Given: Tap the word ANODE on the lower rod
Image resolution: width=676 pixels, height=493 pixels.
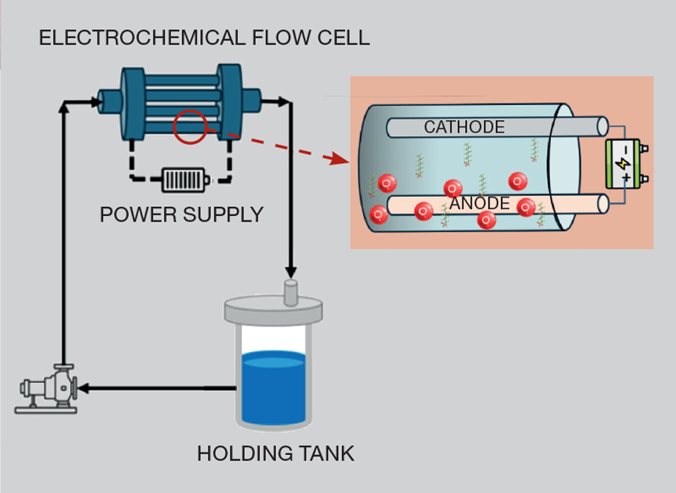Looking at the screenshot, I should coord(479,204).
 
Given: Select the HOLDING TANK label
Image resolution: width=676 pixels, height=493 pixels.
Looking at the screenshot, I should coord(275,454).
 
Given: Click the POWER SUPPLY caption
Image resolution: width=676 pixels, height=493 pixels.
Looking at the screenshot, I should coord(181,215).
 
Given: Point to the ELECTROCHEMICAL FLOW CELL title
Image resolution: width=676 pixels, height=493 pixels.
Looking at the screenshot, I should coord(204,37).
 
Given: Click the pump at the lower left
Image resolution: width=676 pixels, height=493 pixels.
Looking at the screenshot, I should coord(48,391).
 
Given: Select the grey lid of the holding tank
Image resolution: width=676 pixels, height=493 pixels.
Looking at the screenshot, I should coord(274,309).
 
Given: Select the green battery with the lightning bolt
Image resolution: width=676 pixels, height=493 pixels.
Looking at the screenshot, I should coord(624,164).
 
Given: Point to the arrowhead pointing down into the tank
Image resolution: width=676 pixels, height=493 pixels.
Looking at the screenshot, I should coord(290,270).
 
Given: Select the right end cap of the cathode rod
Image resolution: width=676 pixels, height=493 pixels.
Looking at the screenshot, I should coord(602,126).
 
